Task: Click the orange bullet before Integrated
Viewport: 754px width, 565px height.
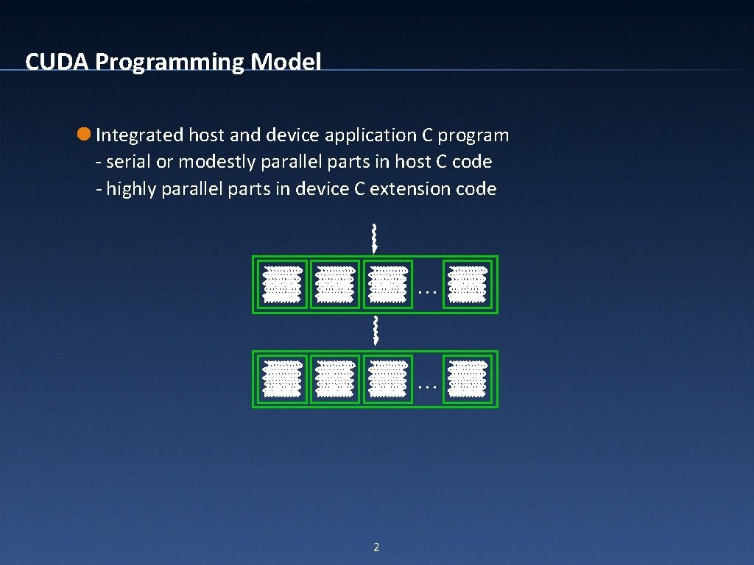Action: [x=84, y=135]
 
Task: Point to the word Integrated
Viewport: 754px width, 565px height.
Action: [x=139, y=135]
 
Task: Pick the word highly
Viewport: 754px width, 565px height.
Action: [x=131, y=189]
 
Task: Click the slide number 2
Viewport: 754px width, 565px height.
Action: [x=376, y=547]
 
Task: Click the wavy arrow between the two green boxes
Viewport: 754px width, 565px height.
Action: [x=376, y=330]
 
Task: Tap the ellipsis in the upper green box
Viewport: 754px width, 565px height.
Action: [x=426, y=289]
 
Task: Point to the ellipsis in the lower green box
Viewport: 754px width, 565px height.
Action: [x=426, y=383]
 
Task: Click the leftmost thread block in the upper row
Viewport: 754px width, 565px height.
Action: [x=283, y=284]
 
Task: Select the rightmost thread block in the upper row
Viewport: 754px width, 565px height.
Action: [x=468, y=284]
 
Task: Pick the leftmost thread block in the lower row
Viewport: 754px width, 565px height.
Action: [x=283, y=379]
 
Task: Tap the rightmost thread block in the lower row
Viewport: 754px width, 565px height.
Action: [x=468, y=379]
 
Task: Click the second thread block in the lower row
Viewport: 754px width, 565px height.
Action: [x=335, y=379]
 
